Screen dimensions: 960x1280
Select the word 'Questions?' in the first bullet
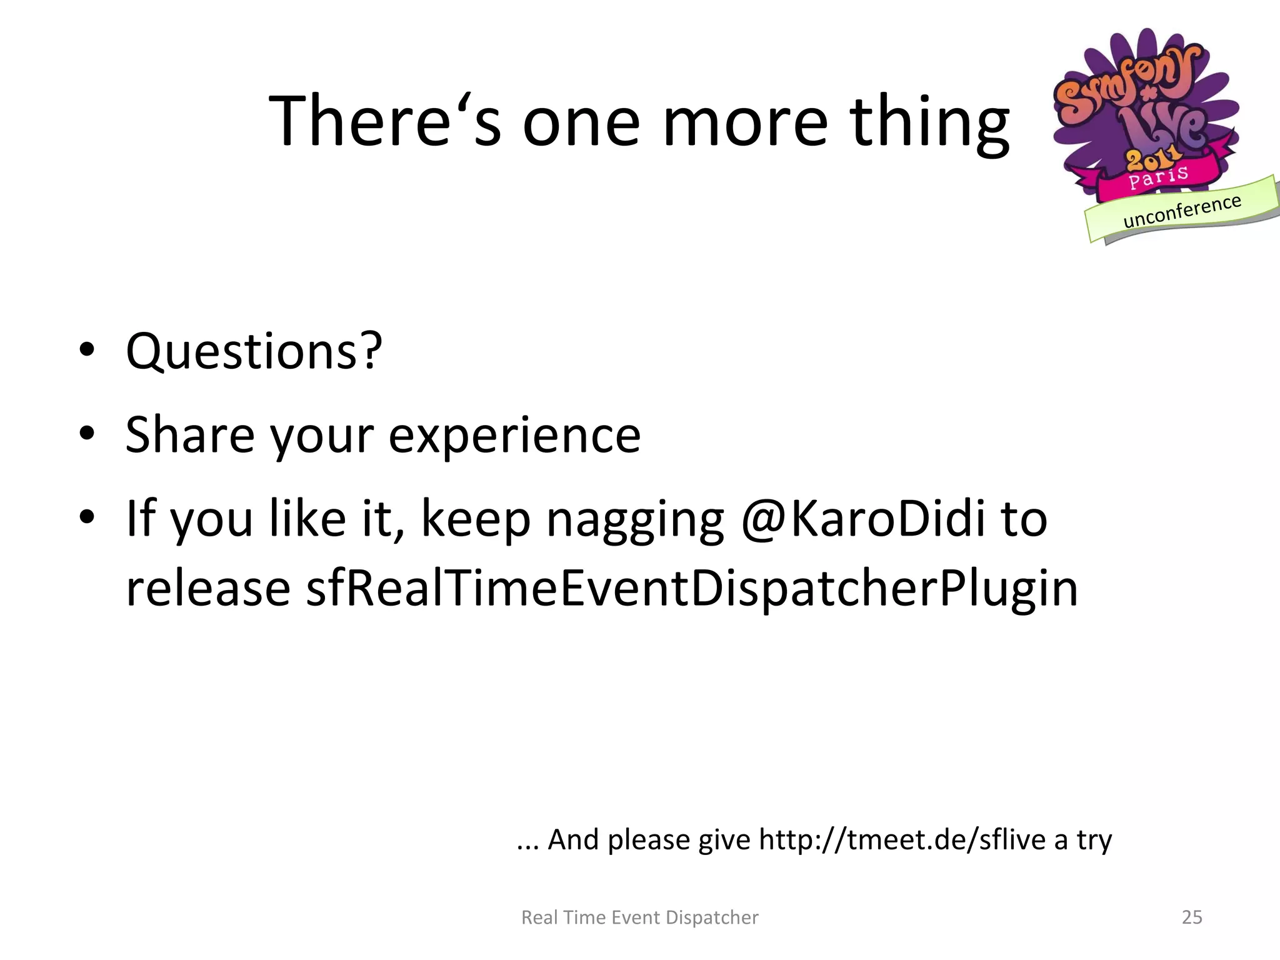click(x=254, y=351)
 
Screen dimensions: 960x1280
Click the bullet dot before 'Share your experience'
click(x=87, y=432)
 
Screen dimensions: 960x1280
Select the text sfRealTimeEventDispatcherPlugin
click(x=692, y=589)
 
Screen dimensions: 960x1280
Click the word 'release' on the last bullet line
click(x=208, y=589)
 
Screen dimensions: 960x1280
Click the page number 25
click(x=1192, y=917)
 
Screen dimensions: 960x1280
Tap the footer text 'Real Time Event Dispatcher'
click(x=639, y=917)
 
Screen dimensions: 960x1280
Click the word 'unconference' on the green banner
click(x=1182, y=211)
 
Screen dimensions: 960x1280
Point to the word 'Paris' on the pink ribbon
click(x=1158, y=177)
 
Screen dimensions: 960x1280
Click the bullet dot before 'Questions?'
click(x=87, y=349)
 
